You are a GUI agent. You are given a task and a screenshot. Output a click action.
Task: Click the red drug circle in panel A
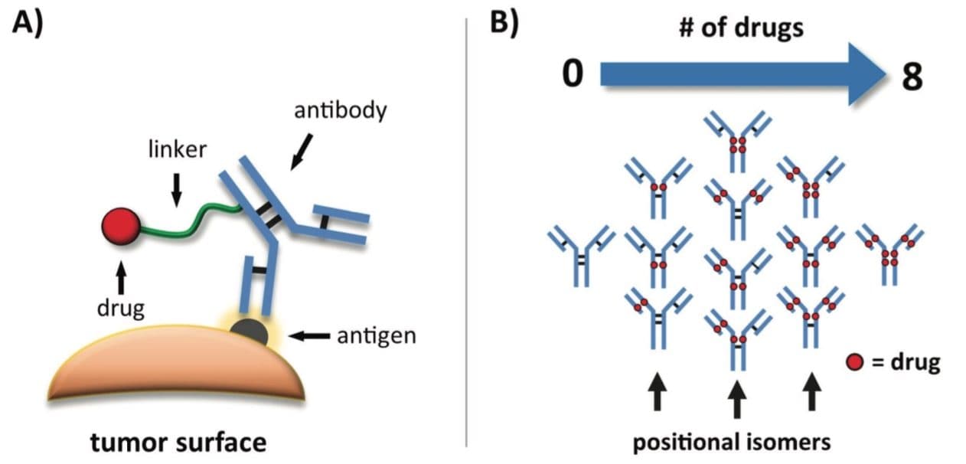click(121, 227)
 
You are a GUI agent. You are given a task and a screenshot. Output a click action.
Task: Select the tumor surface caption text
click(178, 442)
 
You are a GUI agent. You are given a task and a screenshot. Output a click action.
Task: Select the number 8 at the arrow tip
click(912, 77)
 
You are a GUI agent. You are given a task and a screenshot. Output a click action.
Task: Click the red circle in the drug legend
click(855, 362)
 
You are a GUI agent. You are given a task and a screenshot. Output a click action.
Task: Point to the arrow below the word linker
click(176, 188)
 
